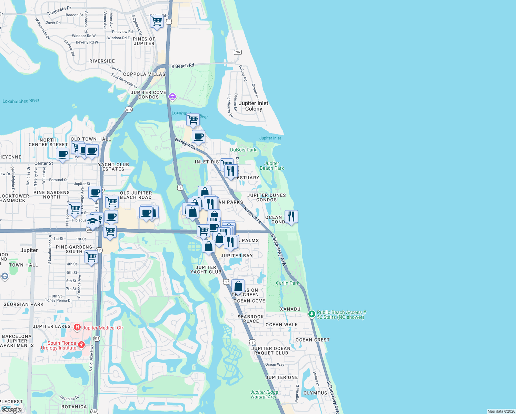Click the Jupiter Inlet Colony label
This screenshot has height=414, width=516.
(253, 106)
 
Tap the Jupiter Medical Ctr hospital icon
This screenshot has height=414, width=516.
(77, 327)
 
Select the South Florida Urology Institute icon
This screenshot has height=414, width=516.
(81, 345)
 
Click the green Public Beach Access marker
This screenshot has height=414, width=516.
(311, 314)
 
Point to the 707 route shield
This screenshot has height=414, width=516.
(238, 52)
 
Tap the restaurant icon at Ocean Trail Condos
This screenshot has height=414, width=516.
(291, 217)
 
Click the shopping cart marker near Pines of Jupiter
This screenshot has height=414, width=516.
(157, 21)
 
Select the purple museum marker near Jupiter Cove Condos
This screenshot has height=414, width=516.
(172, 97)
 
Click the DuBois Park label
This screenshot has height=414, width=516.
(243, 150)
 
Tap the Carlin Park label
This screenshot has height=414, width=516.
(288, 283)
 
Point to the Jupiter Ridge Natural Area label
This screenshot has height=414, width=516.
(264, 394)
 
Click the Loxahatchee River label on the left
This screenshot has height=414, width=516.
(21, 101)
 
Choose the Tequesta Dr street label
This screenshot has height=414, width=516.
(59, 10)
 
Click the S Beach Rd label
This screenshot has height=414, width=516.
(183, 66)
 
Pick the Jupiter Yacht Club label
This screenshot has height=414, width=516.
(206, 269)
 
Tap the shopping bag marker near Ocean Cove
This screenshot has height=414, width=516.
(238, 286)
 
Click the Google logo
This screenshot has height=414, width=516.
(11, 410)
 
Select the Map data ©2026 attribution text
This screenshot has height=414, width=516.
(501, 411)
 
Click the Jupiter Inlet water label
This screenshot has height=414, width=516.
(270, 138)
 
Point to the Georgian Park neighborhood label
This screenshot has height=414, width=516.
(23, 304)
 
